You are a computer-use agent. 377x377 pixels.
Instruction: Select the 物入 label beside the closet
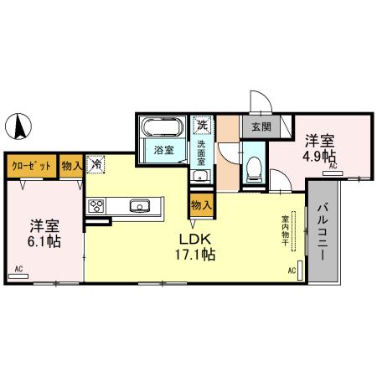pos(71,166)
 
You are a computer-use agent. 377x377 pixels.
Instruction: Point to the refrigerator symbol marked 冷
pos(97,166)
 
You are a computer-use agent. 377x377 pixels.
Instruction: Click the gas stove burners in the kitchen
pos(95,206)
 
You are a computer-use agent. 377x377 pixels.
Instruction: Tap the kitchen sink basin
pos(138,206)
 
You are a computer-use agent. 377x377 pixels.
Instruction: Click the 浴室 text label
pos(163,151)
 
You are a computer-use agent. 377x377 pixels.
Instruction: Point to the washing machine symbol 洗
pos(202,126)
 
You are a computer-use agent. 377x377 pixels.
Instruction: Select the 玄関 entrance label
pos(260,128)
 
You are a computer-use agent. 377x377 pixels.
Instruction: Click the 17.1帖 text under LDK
pos(196,253)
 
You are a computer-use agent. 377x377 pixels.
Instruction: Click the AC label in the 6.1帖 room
pos(18,270)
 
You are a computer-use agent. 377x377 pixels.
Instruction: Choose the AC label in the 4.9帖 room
pos(332,168)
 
